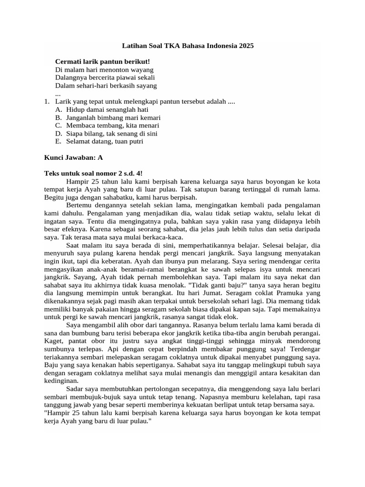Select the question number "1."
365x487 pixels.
pyautogui.click(x=47, y=102)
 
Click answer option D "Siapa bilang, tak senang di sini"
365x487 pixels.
pyautogui.click(x=112, y=134)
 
